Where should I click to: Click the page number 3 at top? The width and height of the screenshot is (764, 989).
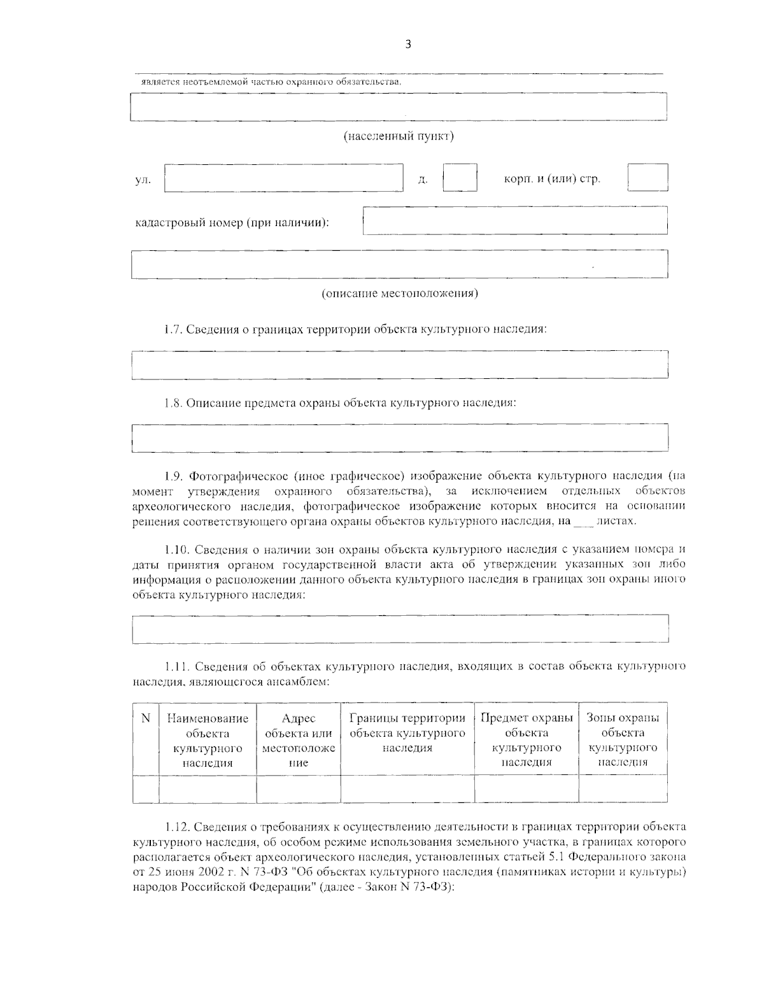(x=407, y=44)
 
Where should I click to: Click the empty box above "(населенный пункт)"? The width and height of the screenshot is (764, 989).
(x=399, y=107)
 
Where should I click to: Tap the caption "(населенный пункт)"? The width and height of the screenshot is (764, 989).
(x=399, y=136)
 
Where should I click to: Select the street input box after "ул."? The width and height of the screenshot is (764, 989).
(x=284, y=178)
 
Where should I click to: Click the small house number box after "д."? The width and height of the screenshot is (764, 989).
(x=460, y=178)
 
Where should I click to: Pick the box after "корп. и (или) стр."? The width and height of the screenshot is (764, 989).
(x=647, y=178)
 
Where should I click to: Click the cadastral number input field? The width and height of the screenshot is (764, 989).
(x=515, y=220)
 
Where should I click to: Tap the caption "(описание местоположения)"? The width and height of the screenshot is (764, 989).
(x=399, y=294)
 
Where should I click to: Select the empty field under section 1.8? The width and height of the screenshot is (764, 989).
(x=399, y=438)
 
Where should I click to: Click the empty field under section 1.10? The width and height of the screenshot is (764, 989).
(x=399, y=629)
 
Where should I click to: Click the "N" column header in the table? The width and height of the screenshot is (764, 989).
(x=146, y=718)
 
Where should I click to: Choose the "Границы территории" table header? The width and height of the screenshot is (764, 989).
(x=407, y=718)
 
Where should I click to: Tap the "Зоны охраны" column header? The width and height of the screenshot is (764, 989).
(x=623, y=718)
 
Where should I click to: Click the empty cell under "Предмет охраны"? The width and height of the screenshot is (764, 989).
(x=527, y=788)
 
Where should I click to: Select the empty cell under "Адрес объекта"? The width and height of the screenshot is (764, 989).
(x=299, y=788)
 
